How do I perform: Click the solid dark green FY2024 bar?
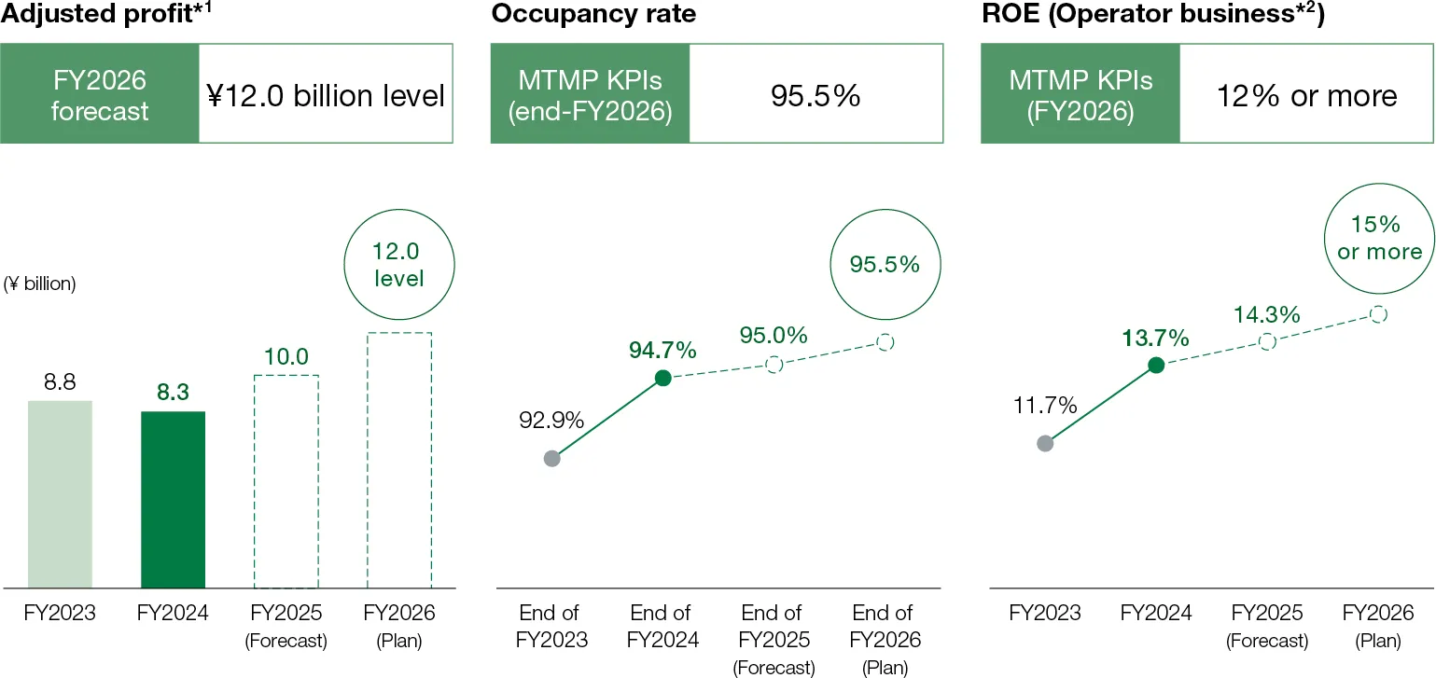173,499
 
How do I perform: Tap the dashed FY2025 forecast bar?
286,481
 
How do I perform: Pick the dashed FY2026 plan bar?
398,460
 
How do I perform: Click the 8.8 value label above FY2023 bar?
60,382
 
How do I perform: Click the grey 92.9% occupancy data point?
551,458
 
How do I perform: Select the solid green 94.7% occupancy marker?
662,378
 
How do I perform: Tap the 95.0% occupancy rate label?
774,336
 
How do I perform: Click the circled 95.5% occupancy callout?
885,264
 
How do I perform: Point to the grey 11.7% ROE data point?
1045,443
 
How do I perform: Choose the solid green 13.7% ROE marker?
1156,366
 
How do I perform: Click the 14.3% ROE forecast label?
1266,315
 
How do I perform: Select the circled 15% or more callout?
1379,238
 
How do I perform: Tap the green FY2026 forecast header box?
99,96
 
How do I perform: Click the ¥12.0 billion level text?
325,96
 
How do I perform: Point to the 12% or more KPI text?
1306,96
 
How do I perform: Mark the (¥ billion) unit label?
39,284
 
